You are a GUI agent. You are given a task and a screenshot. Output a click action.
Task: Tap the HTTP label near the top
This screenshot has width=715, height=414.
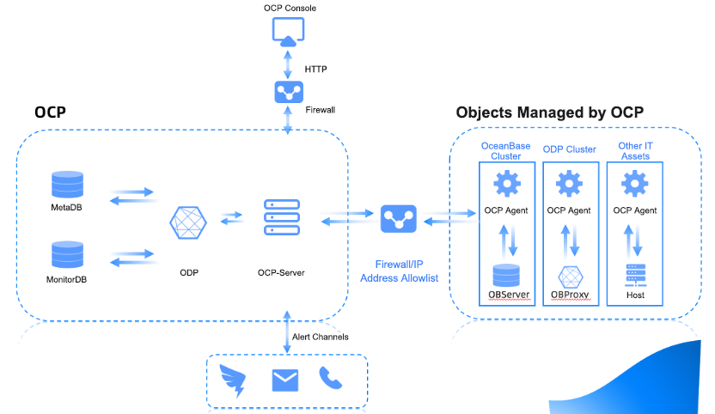pyautogui.click(x=316, y=69)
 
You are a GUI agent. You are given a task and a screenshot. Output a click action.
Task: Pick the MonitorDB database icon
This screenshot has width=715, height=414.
pyautogui.click(x=66, y=256)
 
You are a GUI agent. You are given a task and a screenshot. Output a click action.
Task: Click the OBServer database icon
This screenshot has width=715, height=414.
pyautogui.click(x=508, y=276)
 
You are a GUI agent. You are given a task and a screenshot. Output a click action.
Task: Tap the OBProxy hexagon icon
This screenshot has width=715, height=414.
pyautogui.click(x=570, y=277)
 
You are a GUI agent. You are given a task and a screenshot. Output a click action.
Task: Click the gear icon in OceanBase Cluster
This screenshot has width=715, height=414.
pyautogui.click(x=508, y=183)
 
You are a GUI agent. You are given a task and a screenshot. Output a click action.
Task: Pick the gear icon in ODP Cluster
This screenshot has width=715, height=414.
pyautogui.click(x=570, y=183)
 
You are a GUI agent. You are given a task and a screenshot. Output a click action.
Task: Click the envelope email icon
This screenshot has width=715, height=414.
pyautogui.click(x=285, y=379)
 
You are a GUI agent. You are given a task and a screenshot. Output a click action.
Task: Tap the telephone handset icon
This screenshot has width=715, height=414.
pyautogui.click(x=331, y=378)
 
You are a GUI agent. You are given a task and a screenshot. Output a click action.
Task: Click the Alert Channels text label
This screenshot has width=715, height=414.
pyautogui.click(x=322, y=337)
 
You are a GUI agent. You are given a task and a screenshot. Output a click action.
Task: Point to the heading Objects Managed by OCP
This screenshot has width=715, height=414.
pyautogui.click(x=550, y=113)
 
